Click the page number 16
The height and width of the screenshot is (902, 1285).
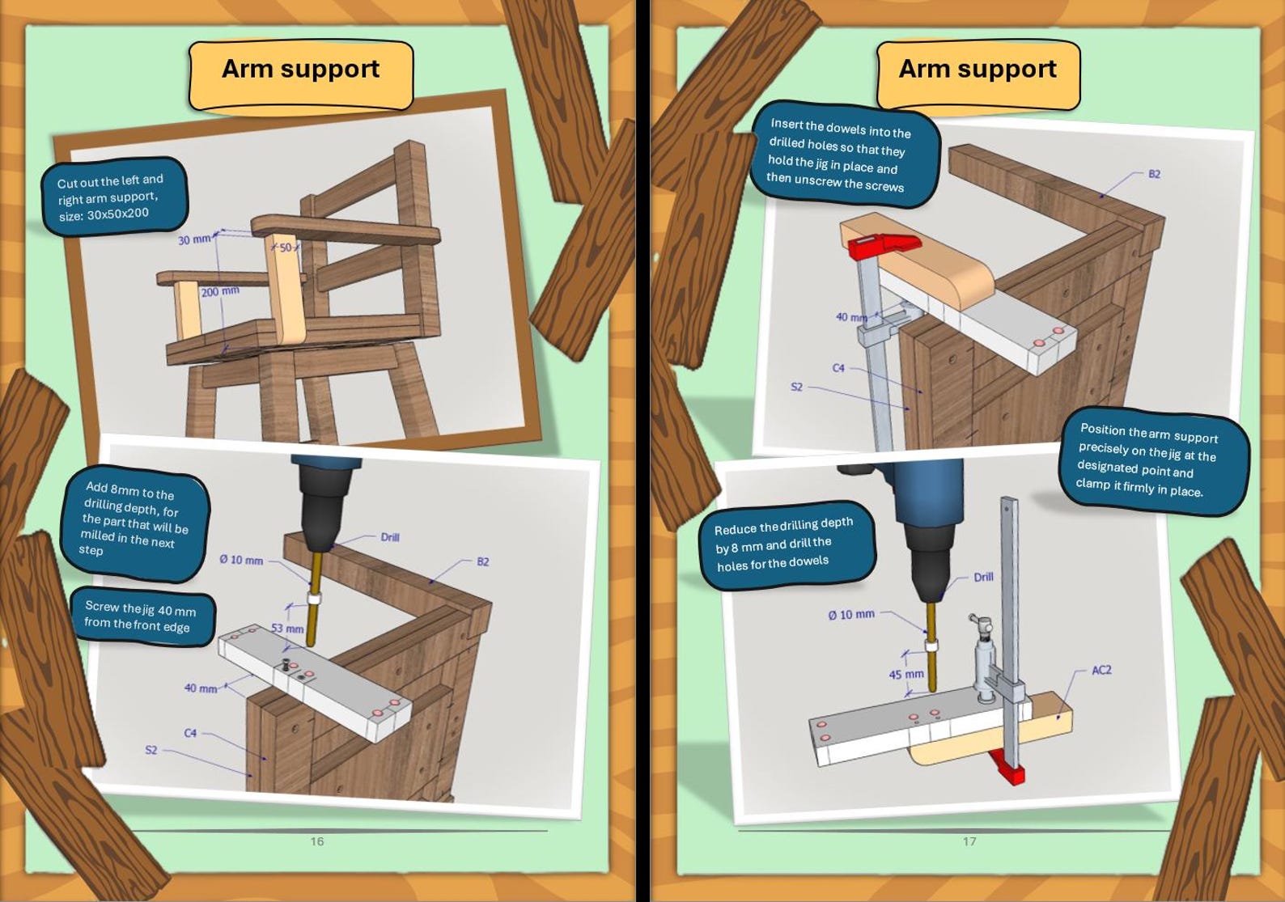pos(317,841)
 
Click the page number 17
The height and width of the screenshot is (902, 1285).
pos(969,841)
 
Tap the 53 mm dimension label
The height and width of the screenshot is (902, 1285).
pos(287,629)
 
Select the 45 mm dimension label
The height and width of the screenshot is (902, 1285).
pos(905,674)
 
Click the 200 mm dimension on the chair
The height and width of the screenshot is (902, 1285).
pos(219,291)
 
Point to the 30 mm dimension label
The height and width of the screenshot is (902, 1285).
pos(194,239)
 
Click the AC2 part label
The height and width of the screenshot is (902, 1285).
pos(1101,670)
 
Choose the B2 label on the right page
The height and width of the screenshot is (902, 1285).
pos(1154,174)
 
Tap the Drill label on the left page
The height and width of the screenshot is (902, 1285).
pos(389,537)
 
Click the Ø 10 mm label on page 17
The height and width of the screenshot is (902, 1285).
pos(850,615)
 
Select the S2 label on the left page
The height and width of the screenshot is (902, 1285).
pos(151,750)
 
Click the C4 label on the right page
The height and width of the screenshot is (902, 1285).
pos(838,368)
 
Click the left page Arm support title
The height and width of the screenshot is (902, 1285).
pos(300,70)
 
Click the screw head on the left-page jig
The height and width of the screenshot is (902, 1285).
pos(287,664)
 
